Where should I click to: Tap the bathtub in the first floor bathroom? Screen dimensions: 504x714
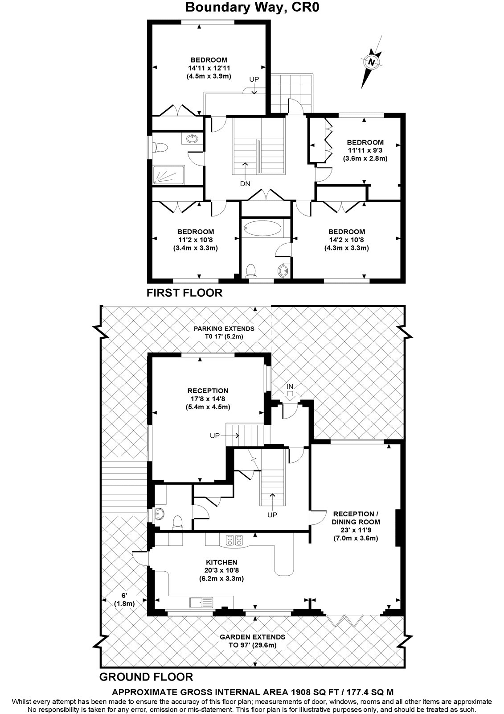(x=262, y=228)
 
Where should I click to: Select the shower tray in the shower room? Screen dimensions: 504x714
(x=168, y=175)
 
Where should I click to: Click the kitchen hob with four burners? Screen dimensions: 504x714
(x=234, y=540)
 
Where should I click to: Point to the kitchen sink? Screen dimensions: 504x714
(x=201, y=602)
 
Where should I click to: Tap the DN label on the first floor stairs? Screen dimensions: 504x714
(x=245, y=183)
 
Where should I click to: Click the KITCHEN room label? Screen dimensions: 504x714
(x=221, y=562)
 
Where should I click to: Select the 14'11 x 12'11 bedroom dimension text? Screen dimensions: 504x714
(x=209, y=68)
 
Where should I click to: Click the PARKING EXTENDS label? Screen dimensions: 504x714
(x=224, y=328)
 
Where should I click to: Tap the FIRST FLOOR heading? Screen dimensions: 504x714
(x=184, y=293)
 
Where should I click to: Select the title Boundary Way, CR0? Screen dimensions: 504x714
(x=252, y=7)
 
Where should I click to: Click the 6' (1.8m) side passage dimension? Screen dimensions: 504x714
(x=124, y=600)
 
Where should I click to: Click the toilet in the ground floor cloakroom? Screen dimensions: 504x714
(x=177, y=523)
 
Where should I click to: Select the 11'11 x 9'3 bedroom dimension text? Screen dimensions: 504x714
(x=365, y=150)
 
